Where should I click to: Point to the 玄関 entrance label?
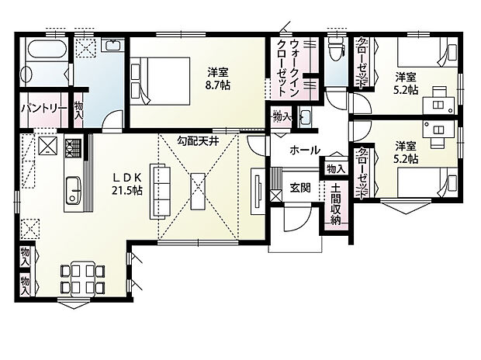pos(301,188)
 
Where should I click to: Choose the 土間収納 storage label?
pos(335,205)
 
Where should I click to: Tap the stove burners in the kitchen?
pos(74,146)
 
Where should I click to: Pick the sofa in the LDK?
pos(163,191)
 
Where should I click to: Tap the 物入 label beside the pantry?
pos(78,109)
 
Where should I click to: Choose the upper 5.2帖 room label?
pos(406,83)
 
